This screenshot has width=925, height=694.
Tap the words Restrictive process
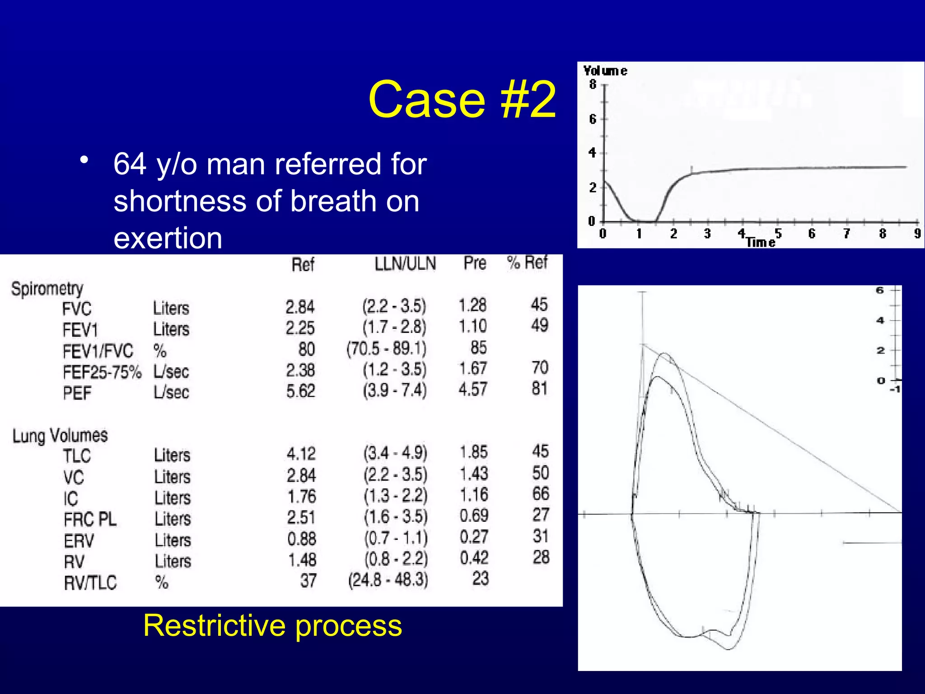272,625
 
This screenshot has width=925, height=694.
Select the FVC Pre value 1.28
472,305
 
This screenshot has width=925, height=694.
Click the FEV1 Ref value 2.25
300,328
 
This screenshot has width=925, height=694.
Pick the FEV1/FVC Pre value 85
478,347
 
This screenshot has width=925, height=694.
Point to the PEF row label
77,393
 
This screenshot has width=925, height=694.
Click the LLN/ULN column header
405,263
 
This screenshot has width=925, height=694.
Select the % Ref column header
527,263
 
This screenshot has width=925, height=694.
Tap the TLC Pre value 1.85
473,452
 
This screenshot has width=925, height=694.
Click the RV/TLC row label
90,583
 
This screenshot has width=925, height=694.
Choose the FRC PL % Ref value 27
541,515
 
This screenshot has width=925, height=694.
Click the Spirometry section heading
47,289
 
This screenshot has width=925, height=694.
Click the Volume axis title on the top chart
605,71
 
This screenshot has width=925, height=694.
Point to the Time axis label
760,242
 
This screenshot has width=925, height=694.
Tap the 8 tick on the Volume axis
593,84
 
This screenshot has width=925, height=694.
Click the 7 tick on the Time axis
846,234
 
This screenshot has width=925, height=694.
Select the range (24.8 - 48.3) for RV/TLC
388,580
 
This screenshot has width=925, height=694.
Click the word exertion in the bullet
168,238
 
